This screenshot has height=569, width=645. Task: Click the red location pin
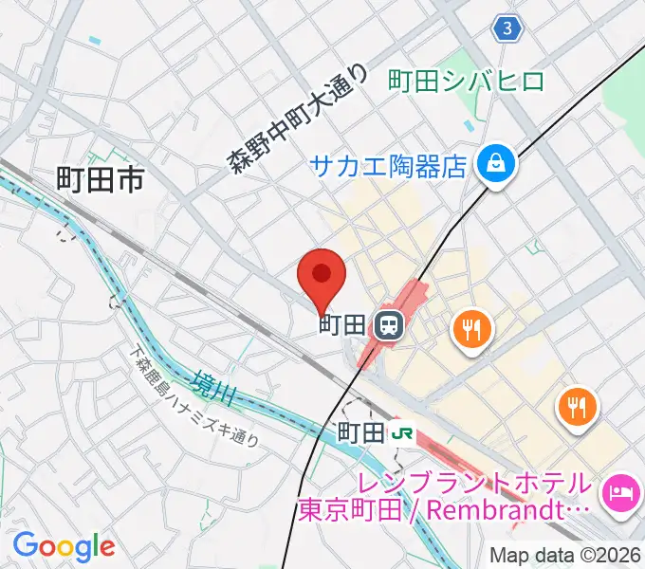pos(321,276)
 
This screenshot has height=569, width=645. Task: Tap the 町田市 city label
pos(100,178)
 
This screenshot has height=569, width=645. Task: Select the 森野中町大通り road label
pos(297,118)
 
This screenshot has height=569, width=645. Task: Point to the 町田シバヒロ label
pos(467,81)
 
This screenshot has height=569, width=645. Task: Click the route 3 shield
pos(508,29)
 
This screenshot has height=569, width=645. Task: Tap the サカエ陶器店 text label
pos(389,167)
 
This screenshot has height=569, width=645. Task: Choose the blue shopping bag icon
pos(497,165)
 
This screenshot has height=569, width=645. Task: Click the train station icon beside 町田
pos(387,326)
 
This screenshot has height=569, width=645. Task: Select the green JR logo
pos(402,432)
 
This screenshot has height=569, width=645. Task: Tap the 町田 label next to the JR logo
pos(361,432)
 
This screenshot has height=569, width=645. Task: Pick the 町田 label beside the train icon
pos(341,325)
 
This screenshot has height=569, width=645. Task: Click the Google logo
pos(64,546)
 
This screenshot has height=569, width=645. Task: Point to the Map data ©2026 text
pos(565,555)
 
